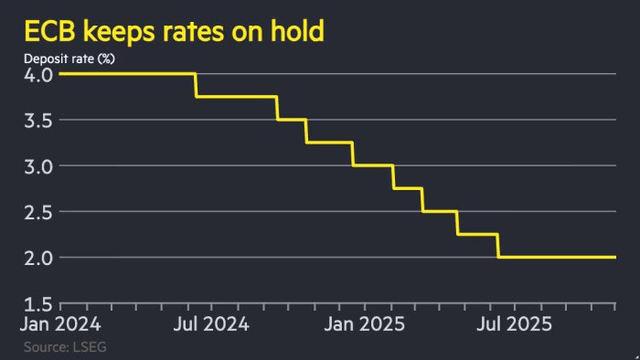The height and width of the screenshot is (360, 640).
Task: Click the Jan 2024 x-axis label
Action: point(62,323)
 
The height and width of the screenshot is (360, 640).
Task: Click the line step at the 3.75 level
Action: point(236,97)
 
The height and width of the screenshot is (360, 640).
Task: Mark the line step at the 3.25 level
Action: point(329,143)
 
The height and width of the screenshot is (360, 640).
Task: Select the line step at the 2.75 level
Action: point(408,188)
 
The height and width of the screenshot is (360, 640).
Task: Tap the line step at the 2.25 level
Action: point(477,234)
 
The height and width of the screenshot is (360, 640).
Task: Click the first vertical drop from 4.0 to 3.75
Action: point(196,85)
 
